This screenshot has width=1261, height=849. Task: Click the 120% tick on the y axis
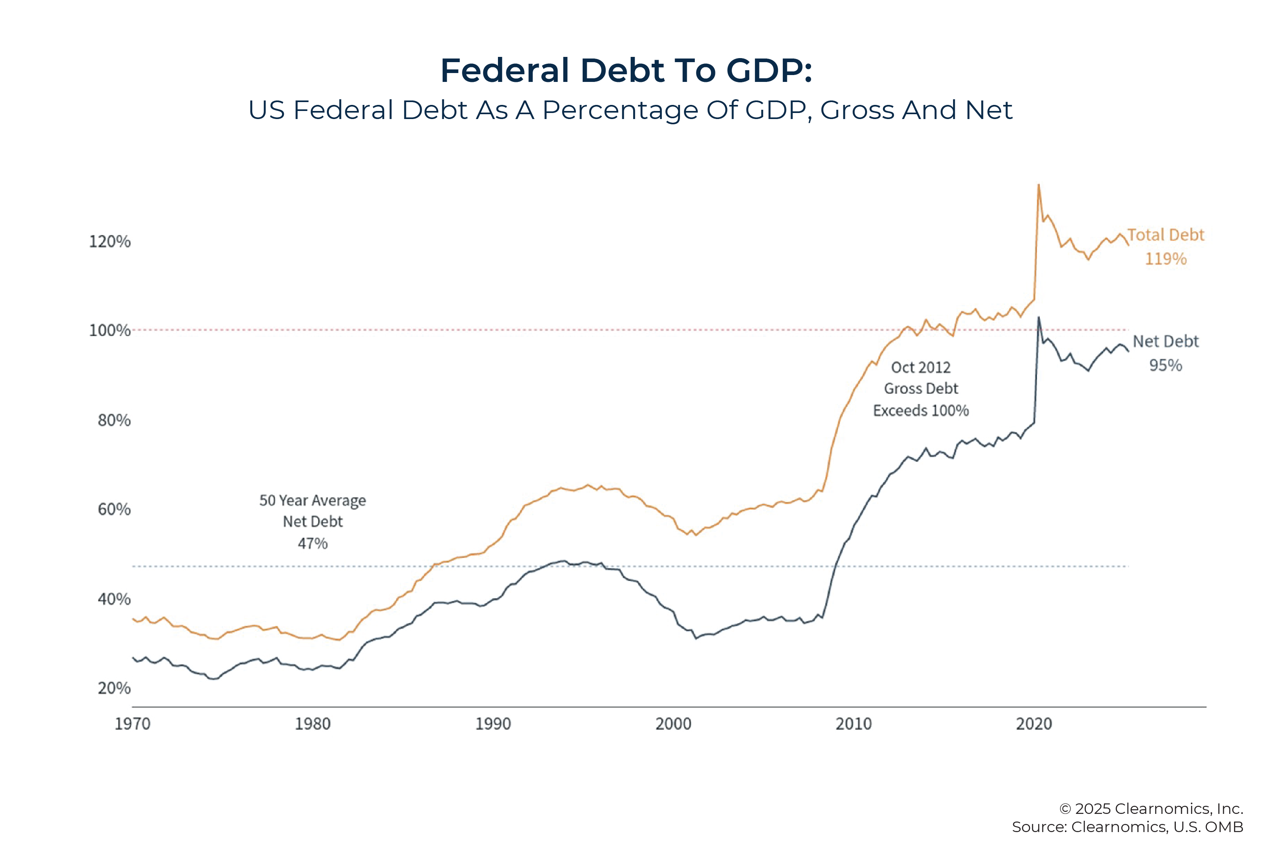[x=109, y=241]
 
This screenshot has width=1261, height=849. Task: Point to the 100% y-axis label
[x=109, y=330]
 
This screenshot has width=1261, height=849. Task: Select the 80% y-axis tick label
[x=114, y=420]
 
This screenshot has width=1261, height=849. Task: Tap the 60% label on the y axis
[x=114, y=510]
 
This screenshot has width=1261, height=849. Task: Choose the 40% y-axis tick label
[x=114, y=599]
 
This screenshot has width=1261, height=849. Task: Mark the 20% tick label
[x=114, y=688]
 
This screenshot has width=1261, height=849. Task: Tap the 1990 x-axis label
[x=493, y=724]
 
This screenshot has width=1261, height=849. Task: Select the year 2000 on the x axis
[x=673, y=724]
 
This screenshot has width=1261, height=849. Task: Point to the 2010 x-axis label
[x=853, y=724]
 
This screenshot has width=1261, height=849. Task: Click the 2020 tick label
[x=1033, y=724]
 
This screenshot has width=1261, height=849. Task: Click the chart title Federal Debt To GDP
[x=626, y=70]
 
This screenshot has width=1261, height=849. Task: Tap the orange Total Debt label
[x=1166, y=235]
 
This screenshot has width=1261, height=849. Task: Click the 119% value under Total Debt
[x=1165, y=259]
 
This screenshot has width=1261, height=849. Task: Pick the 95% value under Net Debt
[x=1165, y=366]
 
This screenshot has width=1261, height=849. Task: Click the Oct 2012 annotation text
[x=920, y=368]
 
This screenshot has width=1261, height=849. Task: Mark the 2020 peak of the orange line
[x=1038, y=185]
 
